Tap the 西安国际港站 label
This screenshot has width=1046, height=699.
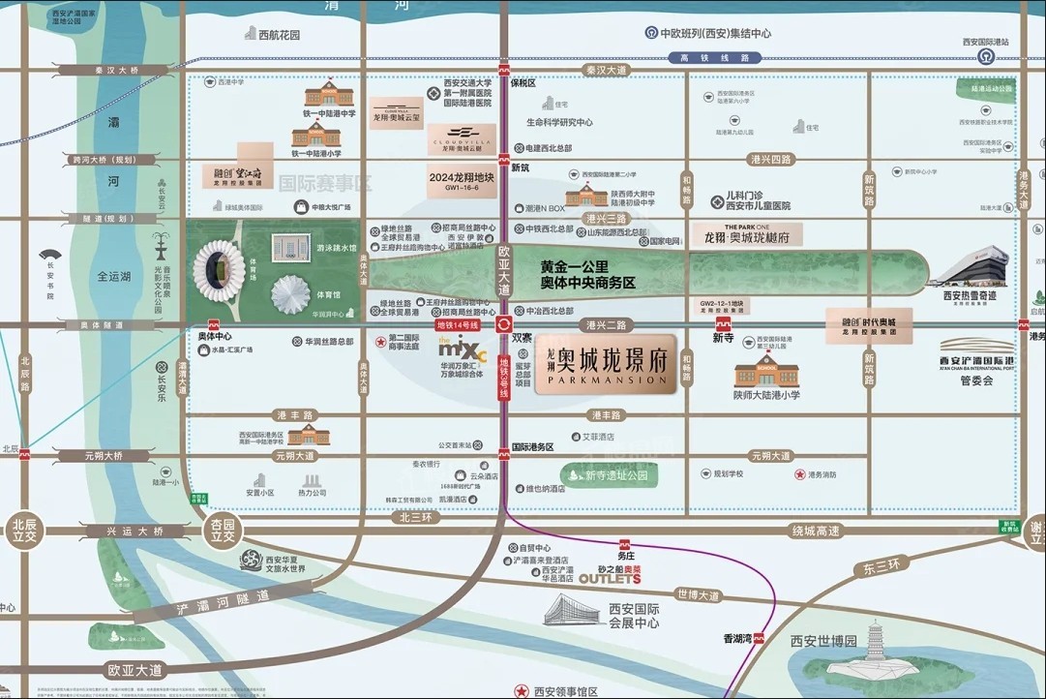click(x=985, y=43)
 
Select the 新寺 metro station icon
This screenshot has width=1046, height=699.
click(x=723, y=324)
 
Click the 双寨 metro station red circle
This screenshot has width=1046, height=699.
click(x=504, y=325)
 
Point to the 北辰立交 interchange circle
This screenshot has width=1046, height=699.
click(x=23, y=531)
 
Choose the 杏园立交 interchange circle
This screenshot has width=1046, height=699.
click(x=222, y=531)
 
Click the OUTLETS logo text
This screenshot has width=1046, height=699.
click(x=610, y=579)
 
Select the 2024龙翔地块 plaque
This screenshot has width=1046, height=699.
click(x=461, y=179)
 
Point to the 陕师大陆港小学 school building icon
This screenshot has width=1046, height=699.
click(x=766, y=373)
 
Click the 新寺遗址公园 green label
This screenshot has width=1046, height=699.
click(x=615, y=475)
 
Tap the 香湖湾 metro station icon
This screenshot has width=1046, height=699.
click(x=759, y=638)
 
